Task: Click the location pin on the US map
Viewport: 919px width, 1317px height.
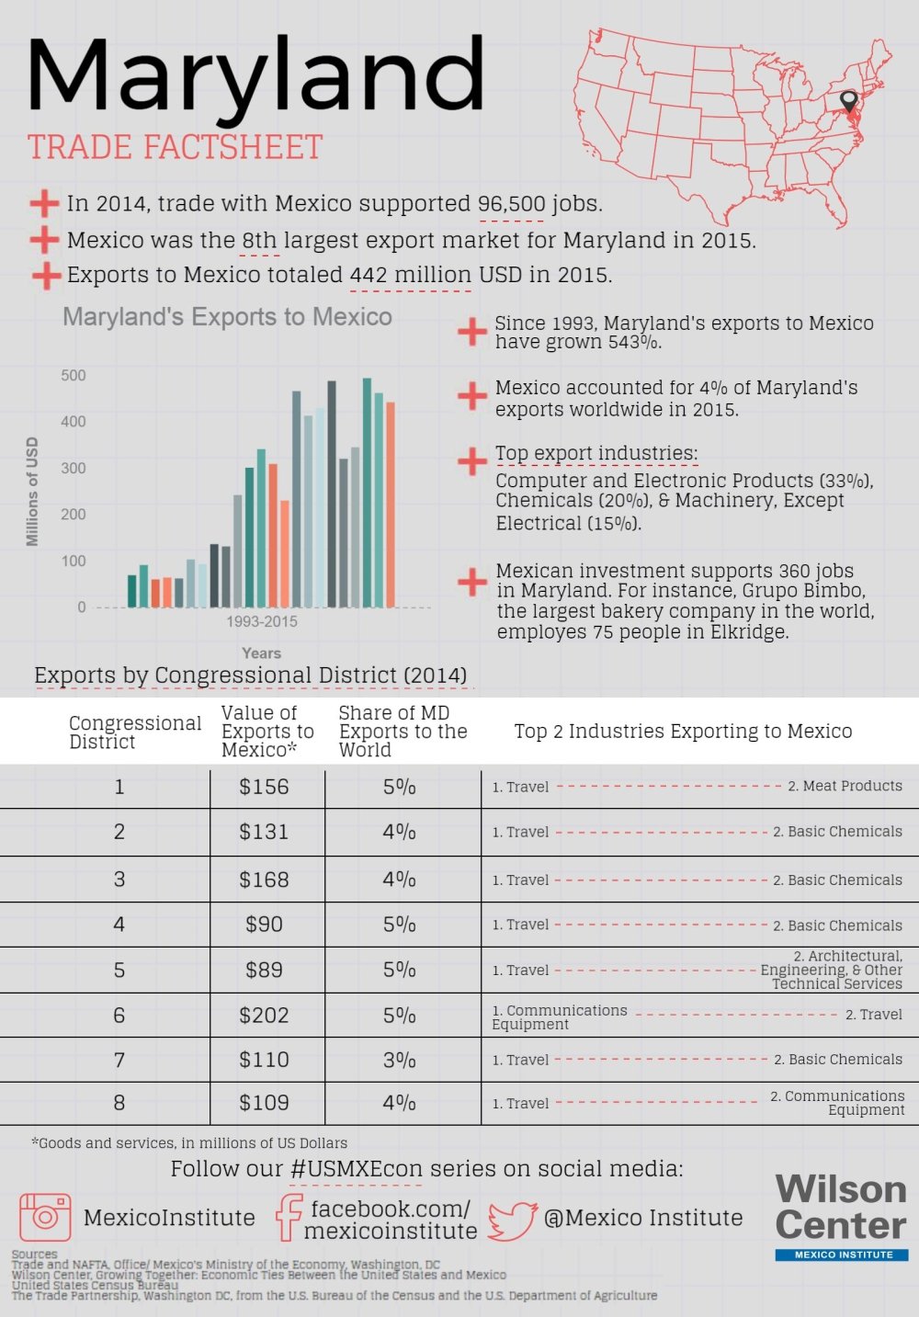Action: coord(848,101)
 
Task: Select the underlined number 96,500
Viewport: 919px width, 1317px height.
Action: coord(511,204)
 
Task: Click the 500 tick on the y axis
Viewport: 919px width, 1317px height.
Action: coord(74,375)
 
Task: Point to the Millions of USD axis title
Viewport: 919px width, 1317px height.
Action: coord(33,492)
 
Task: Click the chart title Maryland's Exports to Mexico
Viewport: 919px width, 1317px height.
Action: coord(227,317)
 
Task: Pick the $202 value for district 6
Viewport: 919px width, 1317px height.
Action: coord(264,1016)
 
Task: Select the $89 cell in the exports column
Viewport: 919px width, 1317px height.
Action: coord(264,971)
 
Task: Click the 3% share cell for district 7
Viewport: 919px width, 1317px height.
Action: coord(400,1060)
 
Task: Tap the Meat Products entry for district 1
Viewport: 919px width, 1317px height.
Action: coord(845,786)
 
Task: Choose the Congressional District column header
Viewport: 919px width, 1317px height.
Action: coord(134,732)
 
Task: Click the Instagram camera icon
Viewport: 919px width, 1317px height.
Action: coord(45,1217)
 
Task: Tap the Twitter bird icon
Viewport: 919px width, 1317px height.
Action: coord(512,1220)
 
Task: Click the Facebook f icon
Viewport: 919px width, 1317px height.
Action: coord(289,1218)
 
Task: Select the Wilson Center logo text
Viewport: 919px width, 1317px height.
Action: coord(840,1207)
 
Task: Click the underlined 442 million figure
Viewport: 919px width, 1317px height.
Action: coord(411,275)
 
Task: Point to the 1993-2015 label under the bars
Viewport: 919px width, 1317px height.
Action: coord(262,621)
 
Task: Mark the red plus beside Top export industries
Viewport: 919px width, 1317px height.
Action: coord(472,460)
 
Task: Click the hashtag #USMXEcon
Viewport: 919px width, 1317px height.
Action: coord(357,1169)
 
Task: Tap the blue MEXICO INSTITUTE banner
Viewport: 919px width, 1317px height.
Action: coord(841,1255)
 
